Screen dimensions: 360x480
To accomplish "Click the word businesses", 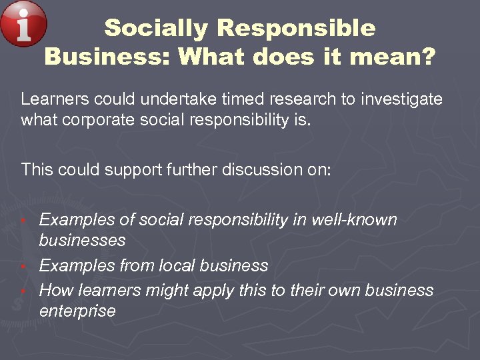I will click(x=83, y=240).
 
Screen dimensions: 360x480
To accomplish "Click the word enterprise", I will click(x=77, y=311).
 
